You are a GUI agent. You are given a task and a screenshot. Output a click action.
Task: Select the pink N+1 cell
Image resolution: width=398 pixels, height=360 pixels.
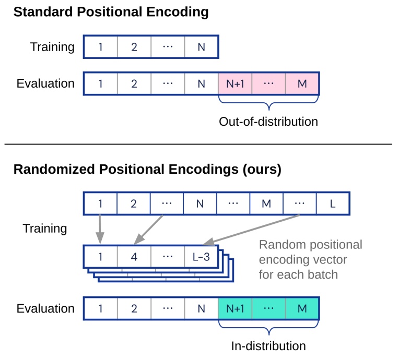coord(235,83)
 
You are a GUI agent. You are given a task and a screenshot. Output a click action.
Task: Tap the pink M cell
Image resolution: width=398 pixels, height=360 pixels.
coord(302,83)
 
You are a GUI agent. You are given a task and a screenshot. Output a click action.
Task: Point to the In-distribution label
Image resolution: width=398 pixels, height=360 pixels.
coord(268,345)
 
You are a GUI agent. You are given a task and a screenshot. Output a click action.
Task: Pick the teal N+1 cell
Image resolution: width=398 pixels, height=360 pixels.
coord(235,308)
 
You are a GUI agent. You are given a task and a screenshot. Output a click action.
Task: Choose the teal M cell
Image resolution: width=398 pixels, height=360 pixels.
coord(302,308)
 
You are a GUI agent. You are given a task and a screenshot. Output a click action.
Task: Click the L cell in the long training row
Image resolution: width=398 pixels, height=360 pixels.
coord(332,203)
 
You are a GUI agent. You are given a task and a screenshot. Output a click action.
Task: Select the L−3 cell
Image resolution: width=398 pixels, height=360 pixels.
coord(201,257)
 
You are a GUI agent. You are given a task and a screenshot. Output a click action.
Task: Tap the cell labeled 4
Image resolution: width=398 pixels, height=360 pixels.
coord(134,257)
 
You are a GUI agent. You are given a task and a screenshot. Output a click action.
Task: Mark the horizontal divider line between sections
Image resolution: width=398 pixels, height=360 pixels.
coord(198,143)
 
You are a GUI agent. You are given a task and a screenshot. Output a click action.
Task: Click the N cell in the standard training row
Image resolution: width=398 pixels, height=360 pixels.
coord(201,47)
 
